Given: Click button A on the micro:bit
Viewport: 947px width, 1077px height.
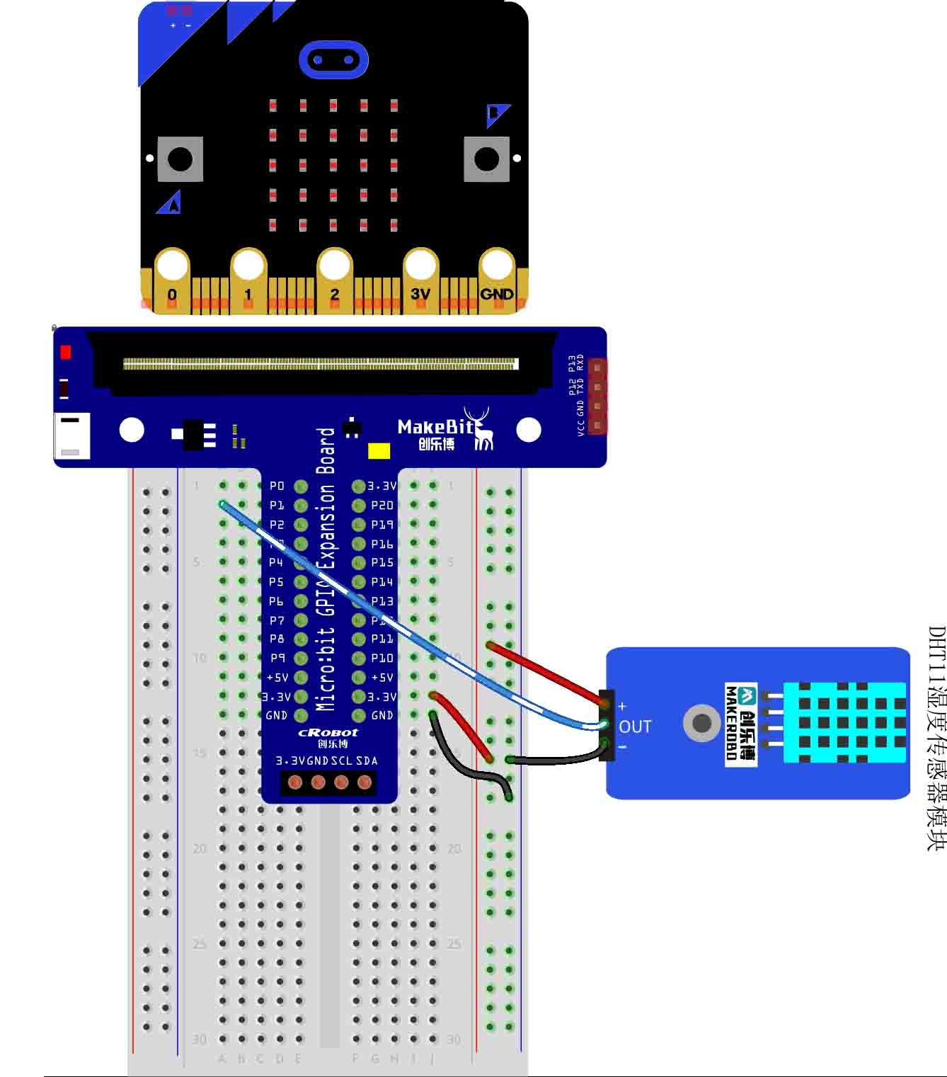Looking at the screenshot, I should [x=180, y=159].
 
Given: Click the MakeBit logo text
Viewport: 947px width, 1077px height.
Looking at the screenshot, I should [x=435, y=427].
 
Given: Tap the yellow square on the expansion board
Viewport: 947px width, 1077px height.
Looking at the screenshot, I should [x=379, y=451].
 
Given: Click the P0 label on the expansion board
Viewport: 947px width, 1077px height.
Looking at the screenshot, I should [x=277, y=486].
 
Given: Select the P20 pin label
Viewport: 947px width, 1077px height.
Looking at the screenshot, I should [x=382, y=506].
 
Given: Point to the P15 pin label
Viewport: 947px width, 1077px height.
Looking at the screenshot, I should [x=382, y=562].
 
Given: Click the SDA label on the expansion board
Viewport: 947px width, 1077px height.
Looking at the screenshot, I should [x=367, y=761].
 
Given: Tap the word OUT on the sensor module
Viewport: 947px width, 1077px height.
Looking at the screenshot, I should [x=635, y=727].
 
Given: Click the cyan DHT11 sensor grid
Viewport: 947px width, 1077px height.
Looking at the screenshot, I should [x=844, y=722].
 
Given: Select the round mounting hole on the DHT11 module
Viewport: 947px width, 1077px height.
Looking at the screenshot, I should [x=701, y=723].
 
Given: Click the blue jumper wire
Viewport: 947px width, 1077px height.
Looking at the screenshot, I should [x=396, y=623].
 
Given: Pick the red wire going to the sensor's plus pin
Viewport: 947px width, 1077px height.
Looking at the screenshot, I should [x=545, y=673].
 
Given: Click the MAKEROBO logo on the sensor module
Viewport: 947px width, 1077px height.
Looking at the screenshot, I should [x=740, y=724].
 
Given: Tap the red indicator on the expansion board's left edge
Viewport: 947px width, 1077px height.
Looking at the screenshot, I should [x=66, y=352].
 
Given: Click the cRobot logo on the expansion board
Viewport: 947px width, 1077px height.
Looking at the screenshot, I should [x=328, y=733].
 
